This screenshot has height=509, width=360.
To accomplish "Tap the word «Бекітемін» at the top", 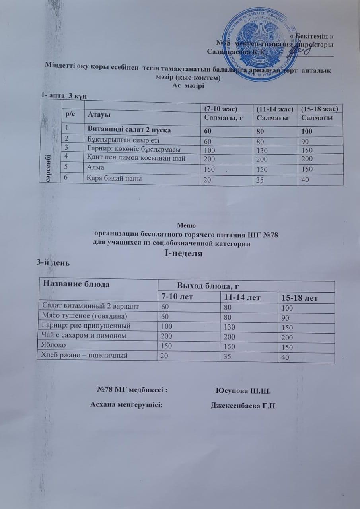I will click(309, 36).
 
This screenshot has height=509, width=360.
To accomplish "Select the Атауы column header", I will click(99, 115).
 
